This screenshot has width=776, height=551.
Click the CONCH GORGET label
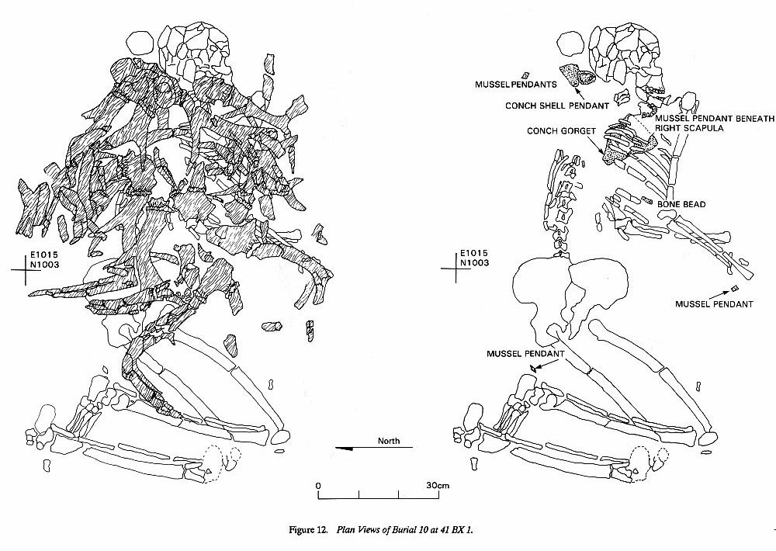tap(561, 131)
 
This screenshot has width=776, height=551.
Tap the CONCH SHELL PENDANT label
tap(556, 106)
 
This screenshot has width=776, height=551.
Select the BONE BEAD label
tap(681, 204)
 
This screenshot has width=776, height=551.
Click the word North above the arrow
tap(389, 441)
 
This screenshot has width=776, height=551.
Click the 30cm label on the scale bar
tap(438, 485)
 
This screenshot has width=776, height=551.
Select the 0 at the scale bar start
tap(318, 485)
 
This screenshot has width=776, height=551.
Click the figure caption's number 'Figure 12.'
tap(308, 530)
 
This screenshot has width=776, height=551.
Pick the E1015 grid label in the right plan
tap(474, 254)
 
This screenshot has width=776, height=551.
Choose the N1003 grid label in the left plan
tap(44, 265)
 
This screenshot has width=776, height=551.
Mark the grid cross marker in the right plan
tap(456, 269)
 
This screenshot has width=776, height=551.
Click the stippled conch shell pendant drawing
tap(577, 75)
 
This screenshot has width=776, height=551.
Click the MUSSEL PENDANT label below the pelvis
tap(525, 354)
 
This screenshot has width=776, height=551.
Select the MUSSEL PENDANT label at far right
tap(714, 304)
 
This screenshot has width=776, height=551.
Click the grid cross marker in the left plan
tap(26, 269)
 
